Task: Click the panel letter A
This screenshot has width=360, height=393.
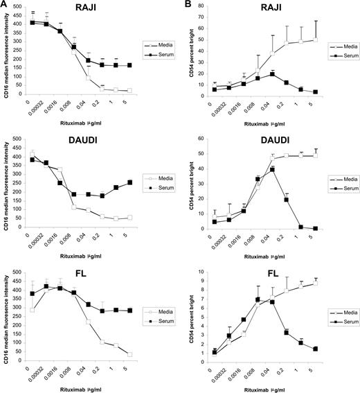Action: (x=4, y=5)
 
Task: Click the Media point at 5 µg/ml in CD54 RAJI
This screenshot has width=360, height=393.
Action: (x=334, y=40)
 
